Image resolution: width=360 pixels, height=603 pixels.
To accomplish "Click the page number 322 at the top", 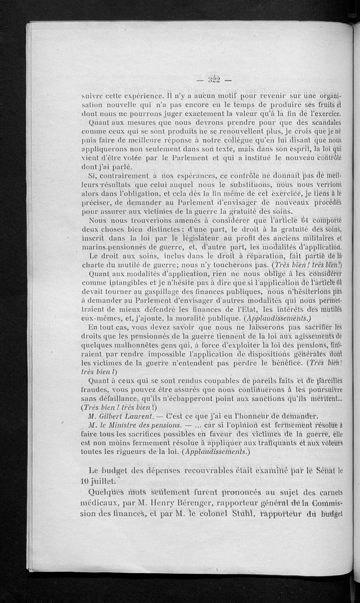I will [x=210, y=80].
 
